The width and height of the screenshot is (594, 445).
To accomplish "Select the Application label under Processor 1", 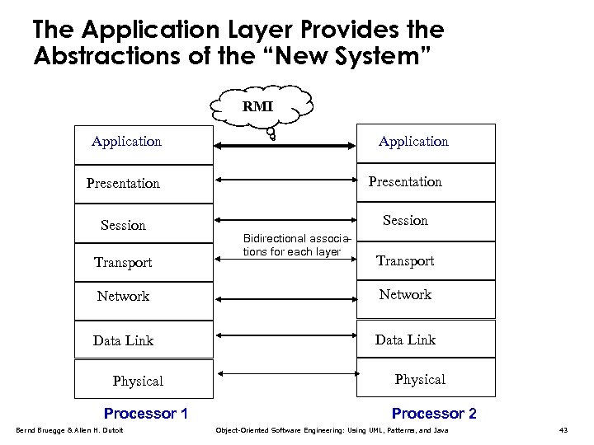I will [126, 142].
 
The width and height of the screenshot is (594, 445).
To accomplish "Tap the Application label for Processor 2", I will [413, 142].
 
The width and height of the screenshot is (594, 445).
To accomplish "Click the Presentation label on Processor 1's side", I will [123, 183].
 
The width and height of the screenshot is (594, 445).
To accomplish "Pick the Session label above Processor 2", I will [405, 220].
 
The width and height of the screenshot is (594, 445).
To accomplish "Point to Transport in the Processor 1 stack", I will [123, 262].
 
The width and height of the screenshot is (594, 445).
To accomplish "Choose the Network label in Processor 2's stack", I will [405, 294].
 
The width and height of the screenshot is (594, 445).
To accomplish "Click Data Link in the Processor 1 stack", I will [123, 340].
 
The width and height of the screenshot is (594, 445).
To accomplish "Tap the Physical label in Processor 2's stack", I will [420, 379].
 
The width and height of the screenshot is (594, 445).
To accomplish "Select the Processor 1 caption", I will [146, 413].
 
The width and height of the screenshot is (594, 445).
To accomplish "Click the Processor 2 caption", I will [434, 413].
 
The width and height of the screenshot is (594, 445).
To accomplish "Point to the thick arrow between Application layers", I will [285, 146].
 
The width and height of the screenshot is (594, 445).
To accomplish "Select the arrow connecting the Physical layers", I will [285, 377].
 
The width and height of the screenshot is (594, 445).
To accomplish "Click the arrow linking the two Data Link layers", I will [285, 335].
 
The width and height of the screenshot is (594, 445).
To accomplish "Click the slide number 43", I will [563, 430].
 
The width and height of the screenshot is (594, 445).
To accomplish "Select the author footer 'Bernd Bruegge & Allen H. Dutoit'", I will [69, 430].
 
